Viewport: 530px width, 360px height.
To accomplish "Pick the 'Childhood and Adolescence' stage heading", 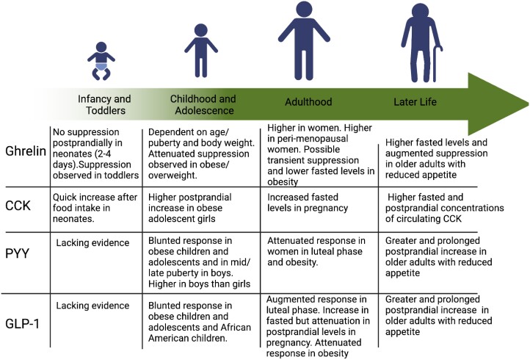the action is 203,104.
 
